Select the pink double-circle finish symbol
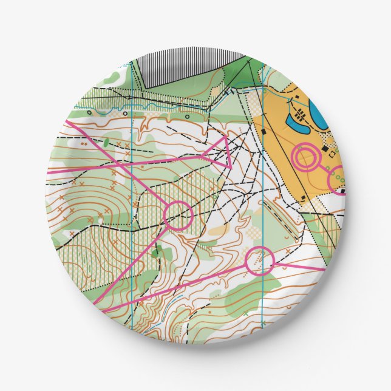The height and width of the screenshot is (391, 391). point(306,157)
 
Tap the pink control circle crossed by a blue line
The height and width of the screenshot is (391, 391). point(260,261)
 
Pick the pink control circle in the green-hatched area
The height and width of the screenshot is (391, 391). point(178,214)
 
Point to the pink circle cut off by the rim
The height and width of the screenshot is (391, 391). point(338,180)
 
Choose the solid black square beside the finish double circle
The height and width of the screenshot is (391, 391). point(324,149)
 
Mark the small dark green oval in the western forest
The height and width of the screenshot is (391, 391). point(106,143)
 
